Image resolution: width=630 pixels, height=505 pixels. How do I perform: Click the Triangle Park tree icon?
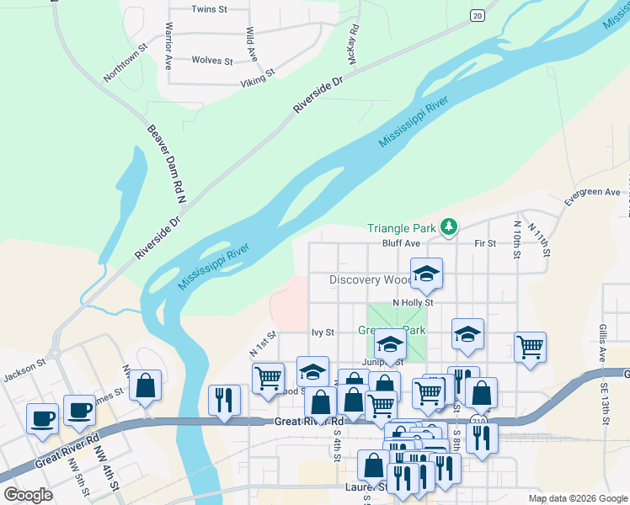(x=450, y=226)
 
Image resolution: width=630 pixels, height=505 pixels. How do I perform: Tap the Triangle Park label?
(x=402, y=228)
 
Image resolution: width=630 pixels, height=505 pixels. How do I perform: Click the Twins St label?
(x=210, y=9)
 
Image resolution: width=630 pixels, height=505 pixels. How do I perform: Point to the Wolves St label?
(x=212, y=61)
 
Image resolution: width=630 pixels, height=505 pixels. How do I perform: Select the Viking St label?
(x=259, y=77)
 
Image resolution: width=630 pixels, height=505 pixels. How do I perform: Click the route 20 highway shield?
(x=478, y=15)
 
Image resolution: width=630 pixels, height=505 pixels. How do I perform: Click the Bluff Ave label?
(x=401, y=243)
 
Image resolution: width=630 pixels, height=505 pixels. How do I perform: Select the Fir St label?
(x=485, y=243)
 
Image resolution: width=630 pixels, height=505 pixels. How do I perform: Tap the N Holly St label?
(x=413, y=302)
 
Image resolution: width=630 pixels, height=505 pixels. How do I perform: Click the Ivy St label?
(x=323, y=332)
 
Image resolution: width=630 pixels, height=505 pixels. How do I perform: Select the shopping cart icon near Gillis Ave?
(x=530, y=346)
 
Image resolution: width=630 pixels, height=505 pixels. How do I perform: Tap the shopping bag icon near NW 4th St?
(x=146, y=385)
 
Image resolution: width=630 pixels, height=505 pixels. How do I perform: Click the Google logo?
(x=29, y=495)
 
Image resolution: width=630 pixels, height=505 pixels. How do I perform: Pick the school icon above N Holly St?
(x=427, y=273)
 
